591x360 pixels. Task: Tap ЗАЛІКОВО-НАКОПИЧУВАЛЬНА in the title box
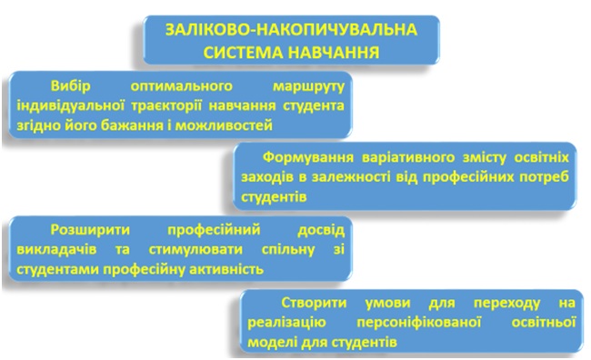(291, 30)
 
